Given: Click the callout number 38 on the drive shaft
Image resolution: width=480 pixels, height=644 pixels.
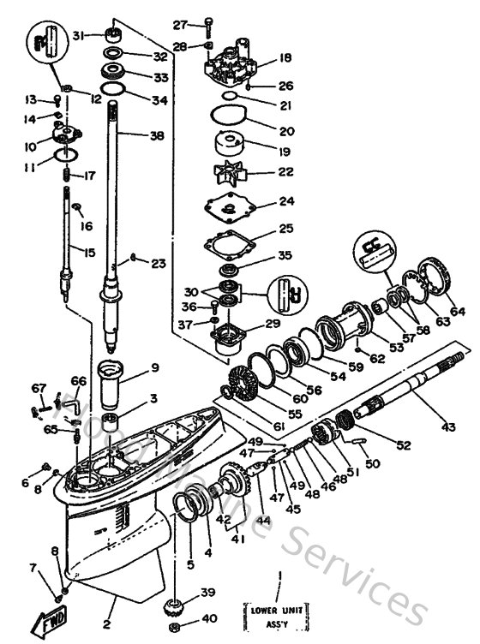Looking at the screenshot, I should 155,135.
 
